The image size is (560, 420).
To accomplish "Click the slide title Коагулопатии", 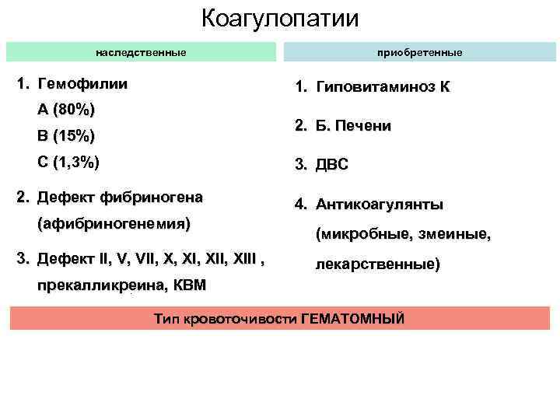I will click(x=280, y=18).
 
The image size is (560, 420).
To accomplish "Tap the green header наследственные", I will click(x=141, y=52).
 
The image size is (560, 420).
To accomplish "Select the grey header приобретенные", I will click(x=419, y=52).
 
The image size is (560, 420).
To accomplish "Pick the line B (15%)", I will click(x=66, y=136).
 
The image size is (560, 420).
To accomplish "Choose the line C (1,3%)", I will click(x=68, y=163).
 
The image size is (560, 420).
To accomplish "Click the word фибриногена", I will click(x=156, y=197).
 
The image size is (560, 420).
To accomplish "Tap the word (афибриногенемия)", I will click(x=114, y=224).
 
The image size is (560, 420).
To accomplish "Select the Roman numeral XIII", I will click(x=246, y=258).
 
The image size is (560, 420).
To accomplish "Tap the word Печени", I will click(x=364, y=126).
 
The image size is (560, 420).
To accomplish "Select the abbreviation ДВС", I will click(x=332, y=165).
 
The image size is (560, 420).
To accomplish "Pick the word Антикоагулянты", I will click(x=380, y=205).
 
